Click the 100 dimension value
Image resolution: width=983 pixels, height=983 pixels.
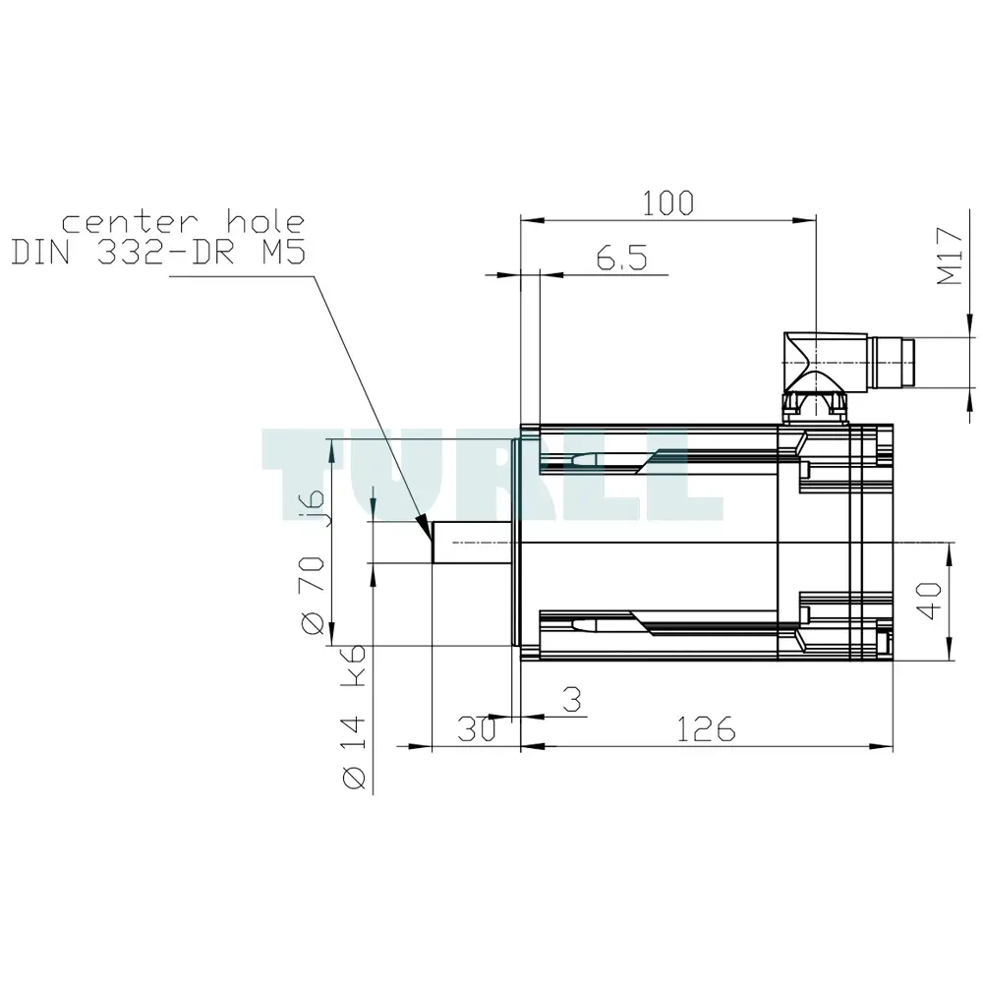pos(668,203)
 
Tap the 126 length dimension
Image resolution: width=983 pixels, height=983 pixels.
pos(706,729)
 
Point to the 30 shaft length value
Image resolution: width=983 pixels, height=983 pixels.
pos(477,729)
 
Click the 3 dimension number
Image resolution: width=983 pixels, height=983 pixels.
pos(572,700)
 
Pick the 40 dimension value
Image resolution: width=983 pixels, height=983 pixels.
pos(929,601)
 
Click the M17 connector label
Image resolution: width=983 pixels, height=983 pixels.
pos(950,257)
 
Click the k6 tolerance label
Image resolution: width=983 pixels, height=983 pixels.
pos(352,665)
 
